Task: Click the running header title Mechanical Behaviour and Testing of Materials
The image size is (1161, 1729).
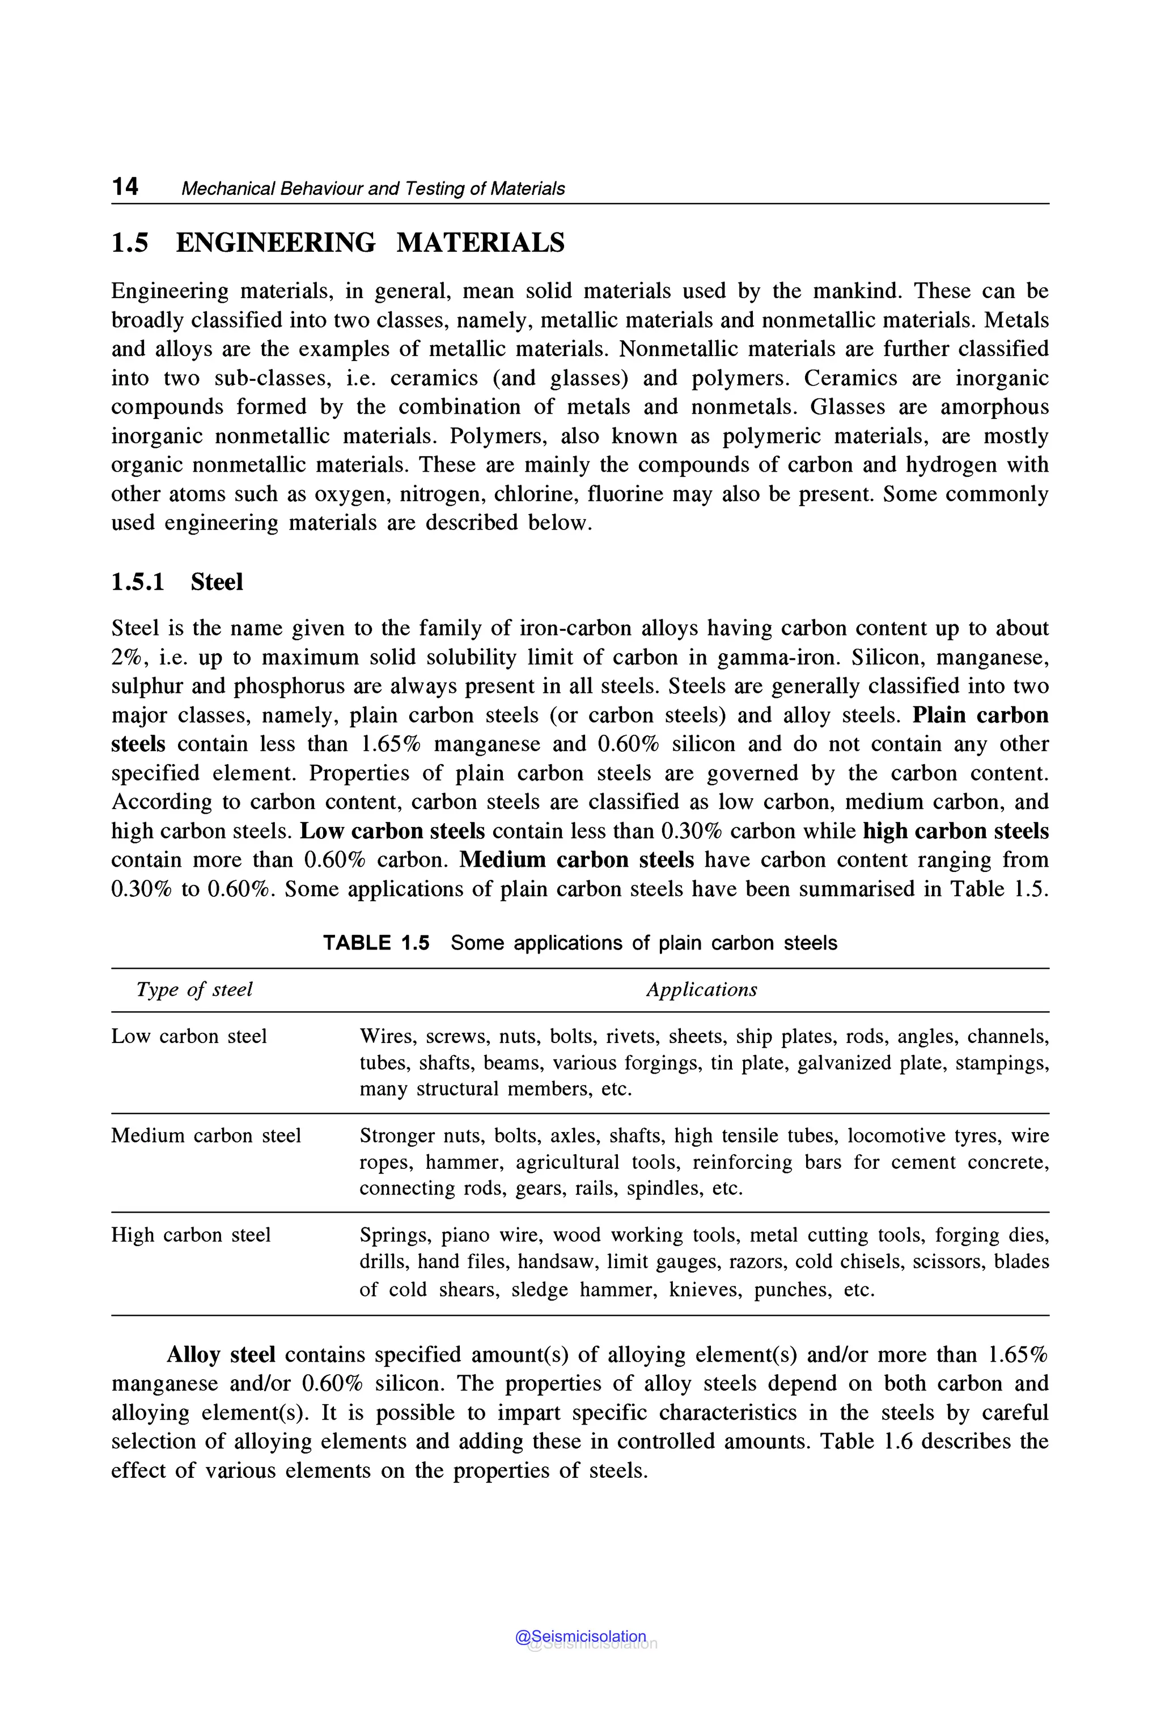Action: click(372, 189)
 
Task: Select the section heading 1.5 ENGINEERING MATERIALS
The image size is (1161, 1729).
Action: click(338, 243)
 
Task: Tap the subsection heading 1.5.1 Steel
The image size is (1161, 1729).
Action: click(177, 582)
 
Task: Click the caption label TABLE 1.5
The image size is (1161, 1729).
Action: click(376, 943)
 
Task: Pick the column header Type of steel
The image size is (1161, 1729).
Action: click(194, 989)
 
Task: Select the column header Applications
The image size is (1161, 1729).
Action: click(701, 989)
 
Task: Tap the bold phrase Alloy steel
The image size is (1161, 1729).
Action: click(221, 1354)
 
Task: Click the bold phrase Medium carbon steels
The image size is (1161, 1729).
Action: click(577, 860)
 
